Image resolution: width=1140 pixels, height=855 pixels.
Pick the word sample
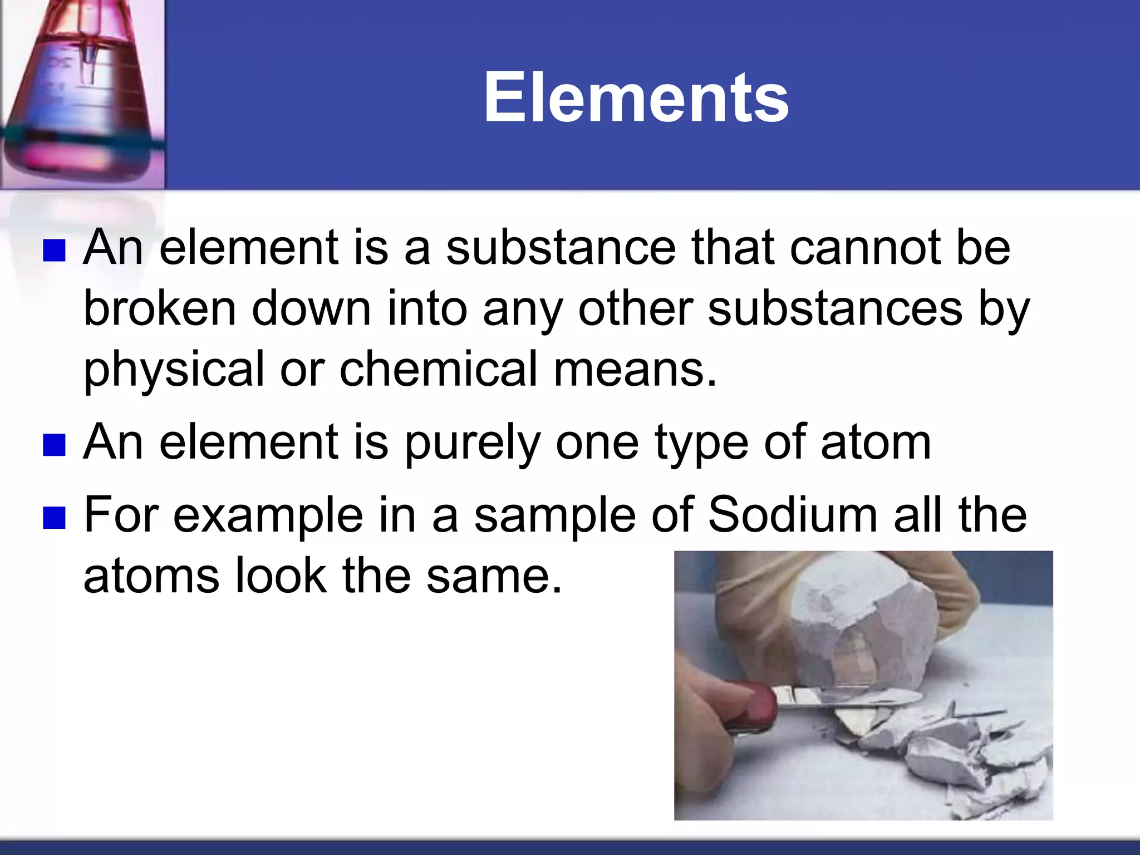point(554,516)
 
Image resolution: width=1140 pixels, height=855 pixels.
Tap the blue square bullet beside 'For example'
point(55,517)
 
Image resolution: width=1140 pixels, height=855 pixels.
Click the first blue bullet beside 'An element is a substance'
point(55,250)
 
